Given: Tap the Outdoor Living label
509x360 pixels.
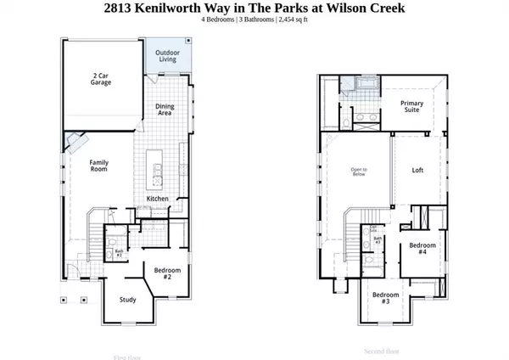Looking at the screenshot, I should [x=166, y=56].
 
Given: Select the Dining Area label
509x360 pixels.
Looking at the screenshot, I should [x=165, y=110].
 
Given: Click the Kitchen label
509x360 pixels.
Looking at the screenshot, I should [x=157, y=199].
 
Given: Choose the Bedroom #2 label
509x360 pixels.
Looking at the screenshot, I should [x=164, y=273].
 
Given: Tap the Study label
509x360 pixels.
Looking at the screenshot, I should [x=127, y=299].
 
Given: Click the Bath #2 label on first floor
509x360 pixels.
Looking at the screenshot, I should [x=119, y=254].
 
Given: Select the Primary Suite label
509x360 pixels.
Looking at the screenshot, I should [x=411, y=107].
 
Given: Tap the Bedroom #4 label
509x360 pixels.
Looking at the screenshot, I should [x=422, y=249].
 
